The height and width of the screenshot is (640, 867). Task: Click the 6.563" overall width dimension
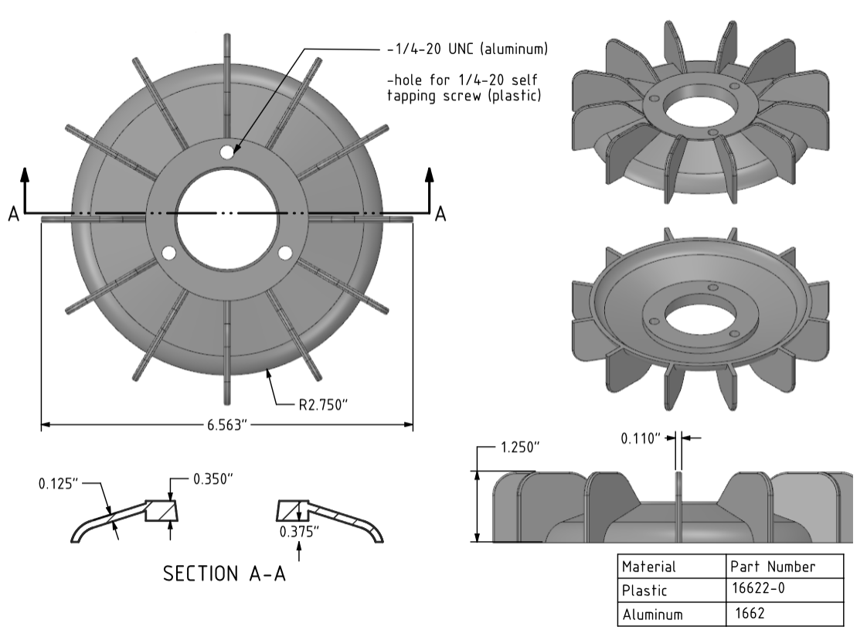(226, 425)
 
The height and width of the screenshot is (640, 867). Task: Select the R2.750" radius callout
(325, 403)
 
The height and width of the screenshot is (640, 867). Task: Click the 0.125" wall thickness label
(59, 485)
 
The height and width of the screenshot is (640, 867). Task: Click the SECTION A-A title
(223, 574)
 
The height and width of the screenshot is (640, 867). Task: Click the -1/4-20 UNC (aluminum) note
(467, 50)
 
